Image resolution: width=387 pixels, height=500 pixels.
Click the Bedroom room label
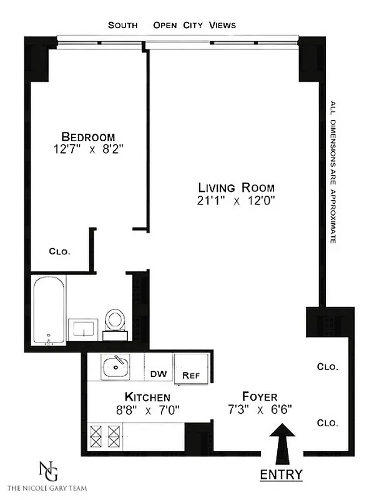click(88, 137)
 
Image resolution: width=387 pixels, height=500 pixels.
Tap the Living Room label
click(236, 187)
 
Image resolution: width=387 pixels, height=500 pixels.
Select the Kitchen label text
click(147, 397)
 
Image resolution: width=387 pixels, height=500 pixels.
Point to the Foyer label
click(260, 397)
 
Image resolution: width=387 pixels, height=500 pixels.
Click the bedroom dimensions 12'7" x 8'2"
click(88, 150)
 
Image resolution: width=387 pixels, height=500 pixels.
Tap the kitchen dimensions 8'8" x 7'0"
click(147, 411)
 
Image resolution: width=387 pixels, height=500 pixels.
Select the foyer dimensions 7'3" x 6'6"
click(260, 411)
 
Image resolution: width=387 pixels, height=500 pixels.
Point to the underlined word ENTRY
click(281, 474)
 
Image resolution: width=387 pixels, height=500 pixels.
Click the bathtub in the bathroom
click(49, 311)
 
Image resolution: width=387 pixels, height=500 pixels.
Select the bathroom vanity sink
click(84, 328)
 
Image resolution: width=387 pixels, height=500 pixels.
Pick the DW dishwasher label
click(158, 374)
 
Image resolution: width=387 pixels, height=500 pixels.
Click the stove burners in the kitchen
click(105, 434)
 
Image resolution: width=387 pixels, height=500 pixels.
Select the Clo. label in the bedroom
click(59, 252)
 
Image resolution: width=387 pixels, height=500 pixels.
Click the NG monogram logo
click(46, 470)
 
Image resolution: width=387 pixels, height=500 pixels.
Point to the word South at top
click(124, 25)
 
